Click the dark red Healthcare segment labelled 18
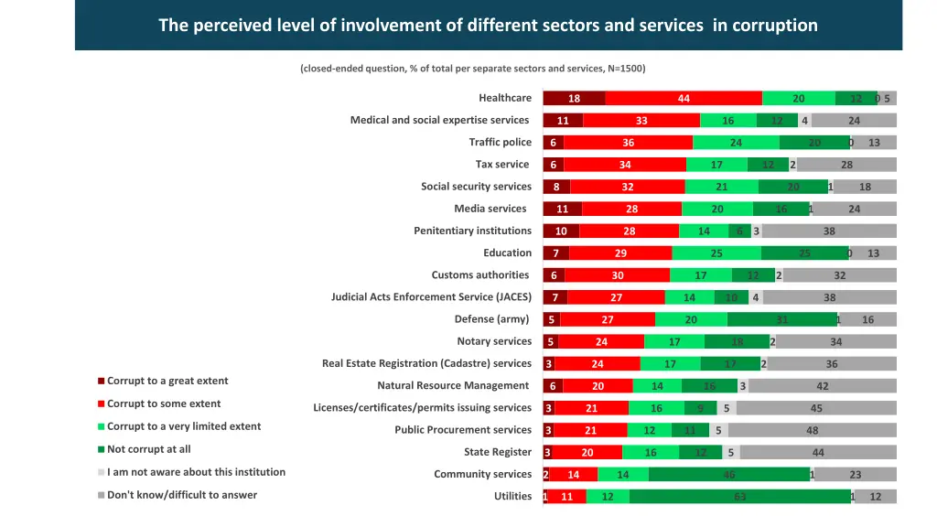pyautogui.click(x=574, y=99)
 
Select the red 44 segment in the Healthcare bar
pyautogui.click(x=684, y=99)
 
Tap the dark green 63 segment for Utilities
pyautogui.click(x=740, y=497)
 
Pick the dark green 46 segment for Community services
pyautogui.click(x=729, y=474)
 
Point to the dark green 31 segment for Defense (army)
pyautogui.click(x=781, y=319)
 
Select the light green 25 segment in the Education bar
pyautogui.click(x=716, y=253)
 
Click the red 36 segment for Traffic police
pyautogui.click(x=628, y=143)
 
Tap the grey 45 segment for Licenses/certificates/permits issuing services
pyautogui.click(x=816, y=408)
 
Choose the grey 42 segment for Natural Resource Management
pyautogui.click(x=822, y=386)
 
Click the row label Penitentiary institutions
pyautogui.click(x=472, y=231)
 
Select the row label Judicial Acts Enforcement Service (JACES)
pyautogui.click(x=431, y=297)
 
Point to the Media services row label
pyautogui.click(x=490, y=209)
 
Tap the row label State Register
pyautogui.click(x=497, y=452)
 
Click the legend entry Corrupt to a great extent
pyautogui.click(x=167, y=382)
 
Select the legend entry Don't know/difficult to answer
pyautogui.click(x=181, y=495)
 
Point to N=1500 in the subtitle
pyautogui.click(x=625, y=69)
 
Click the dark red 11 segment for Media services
pyautogui.click(x=562, y=210)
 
